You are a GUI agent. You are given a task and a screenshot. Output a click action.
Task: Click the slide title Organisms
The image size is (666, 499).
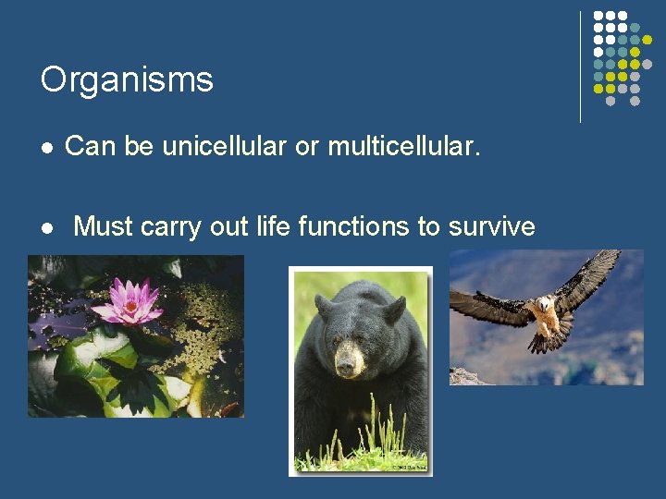tap(127, 80)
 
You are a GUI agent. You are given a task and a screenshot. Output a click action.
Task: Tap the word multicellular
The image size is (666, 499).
tap(403, 146)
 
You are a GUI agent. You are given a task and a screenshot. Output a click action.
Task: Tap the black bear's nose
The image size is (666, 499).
tap(347, 365)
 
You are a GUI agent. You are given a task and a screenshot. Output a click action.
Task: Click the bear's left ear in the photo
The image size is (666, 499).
tap(323, 304)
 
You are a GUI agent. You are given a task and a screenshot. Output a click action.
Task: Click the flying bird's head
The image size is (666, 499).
tap(548, 303)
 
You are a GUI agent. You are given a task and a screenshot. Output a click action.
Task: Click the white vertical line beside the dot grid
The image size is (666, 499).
tap(580, 67)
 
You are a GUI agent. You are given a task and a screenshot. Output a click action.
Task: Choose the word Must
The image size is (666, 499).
tap(104, 226)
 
